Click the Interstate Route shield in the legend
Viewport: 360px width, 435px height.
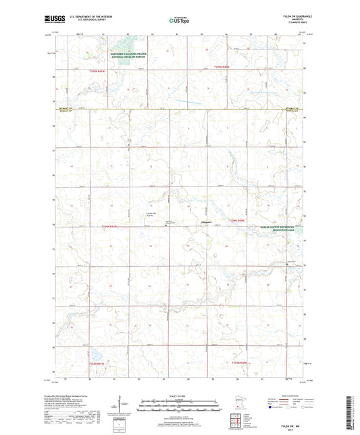pos(273,408)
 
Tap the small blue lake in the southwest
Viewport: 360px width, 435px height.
pos(94,354)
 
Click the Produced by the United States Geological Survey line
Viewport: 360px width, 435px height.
pos(64,396)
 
